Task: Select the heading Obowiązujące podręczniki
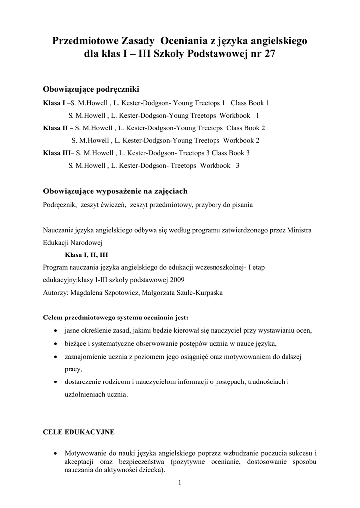(91, 89)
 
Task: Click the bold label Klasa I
(54, 103)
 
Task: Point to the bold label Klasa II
(55, 128)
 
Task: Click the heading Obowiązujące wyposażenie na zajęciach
(115, 191)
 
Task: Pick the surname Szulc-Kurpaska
(196, 293)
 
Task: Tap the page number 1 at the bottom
(180, 484)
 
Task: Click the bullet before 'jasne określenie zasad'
(54, 331)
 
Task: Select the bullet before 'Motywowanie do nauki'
(54, 453)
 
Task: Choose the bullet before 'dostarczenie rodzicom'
(54, 382)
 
